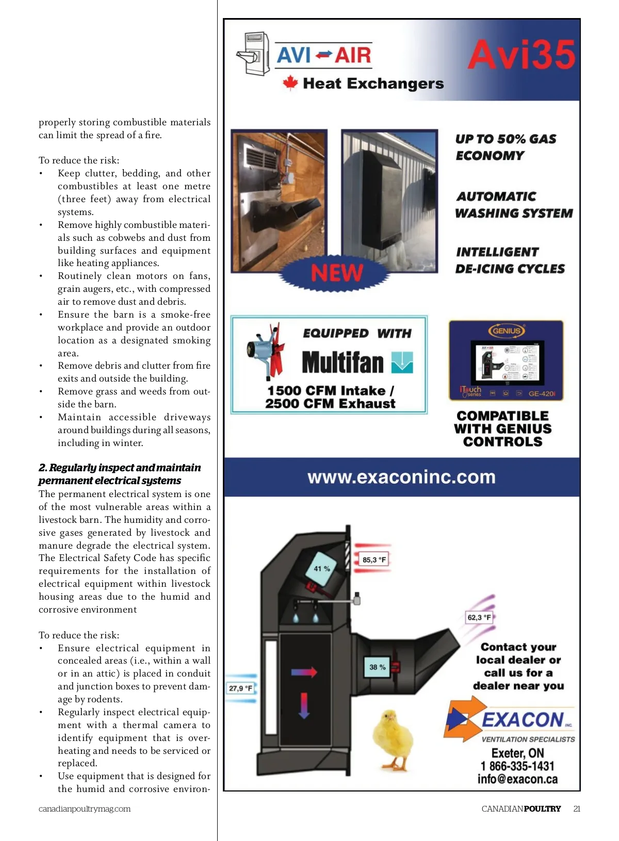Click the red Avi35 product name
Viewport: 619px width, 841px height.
coord(521,55)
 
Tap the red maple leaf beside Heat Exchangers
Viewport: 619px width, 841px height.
coord(290,83)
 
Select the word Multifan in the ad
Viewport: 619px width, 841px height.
coord(343,362)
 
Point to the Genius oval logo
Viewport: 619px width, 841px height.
coord(507,331)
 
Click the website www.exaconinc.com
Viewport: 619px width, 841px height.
coord(401,477)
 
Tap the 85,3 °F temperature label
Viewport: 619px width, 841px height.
coord(374,559)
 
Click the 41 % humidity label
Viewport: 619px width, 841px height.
coord(322,569)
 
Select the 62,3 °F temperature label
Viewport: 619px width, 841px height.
coord(479,617)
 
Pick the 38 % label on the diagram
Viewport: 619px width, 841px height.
coord(377,667)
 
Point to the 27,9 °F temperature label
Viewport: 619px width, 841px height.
coord(240,688)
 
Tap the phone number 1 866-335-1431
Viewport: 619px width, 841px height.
coord(517,766)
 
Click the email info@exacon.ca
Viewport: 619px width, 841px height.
coord(517,779)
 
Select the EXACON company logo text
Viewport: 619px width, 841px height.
coord(522,720)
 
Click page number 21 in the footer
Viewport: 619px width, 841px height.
coord(577,809)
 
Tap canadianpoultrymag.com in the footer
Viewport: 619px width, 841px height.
coord(85,809)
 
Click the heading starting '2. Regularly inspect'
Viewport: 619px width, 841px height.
coord(119,474)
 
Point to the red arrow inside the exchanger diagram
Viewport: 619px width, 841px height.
coord(304,672)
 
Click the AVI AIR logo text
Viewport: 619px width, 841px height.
coord(323,55)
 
